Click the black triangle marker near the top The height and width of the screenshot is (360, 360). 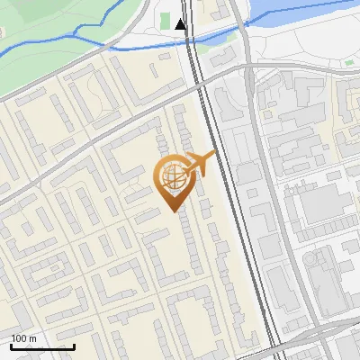point(181,24)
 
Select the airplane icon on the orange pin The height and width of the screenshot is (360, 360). point(200,164)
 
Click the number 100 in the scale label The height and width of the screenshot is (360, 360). point(19,337)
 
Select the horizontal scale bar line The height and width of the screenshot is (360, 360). point(42,346)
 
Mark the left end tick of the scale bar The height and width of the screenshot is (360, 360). point(11,345)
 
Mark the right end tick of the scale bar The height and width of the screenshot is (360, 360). point(74,345)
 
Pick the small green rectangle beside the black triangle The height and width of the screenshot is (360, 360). point(166,20)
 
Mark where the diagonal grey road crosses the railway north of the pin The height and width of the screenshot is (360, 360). point(200,87)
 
